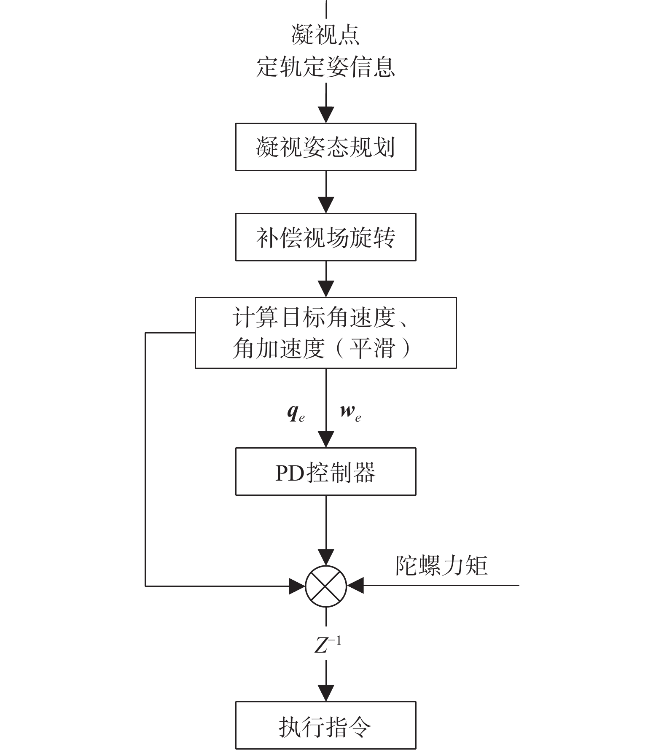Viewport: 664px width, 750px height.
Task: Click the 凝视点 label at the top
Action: coord(325,35)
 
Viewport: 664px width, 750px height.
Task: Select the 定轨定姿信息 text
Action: coord(325,67)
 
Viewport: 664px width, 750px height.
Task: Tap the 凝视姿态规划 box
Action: coord(325,147)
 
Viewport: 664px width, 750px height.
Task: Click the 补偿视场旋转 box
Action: coord(325,237)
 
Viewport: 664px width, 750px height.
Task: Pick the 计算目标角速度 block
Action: coord(325,333)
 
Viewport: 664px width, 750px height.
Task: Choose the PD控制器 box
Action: coord(325,471)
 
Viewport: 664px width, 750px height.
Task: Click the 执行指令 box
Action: coord(325,725)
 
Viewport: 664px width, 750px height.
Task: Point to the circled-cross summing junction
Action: coord(326,586)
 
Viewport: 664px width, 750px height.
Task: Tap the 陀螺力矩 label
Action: coord(441,565)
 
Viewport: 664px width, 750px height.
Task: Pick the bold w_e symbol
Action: coord(351,413)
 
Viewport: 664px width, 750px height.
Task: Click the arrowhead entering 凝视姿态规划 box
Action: coord(326,115)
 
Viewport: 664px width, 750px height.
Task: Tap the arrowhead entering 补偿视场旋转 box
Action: coord(326,205)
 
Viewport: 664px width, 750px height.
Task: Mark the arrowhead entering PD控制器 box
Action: coord(326,440)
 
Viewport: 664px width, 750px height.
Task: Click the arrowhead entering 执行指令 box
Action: coord(326,694)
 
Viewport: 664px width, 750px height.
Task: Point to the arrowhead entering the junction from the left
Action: coord(297,586)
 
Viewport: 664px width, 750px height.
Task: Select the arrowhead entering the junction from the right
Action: coord(355,586)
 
